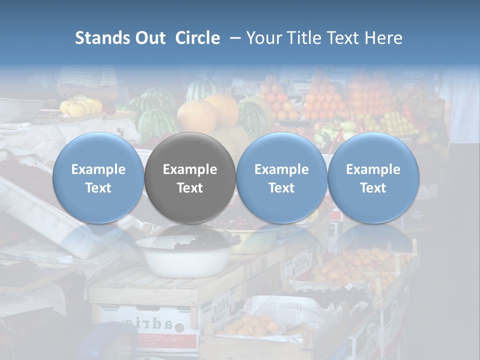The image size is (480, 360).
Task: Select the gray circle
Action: (189, 177)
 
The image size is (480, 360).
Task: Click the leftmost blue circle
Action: (98, 177)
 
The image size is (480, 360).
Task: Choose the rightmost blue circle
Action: (373, 177)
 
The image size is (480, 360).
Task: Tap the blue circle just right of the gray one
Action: (281, 177)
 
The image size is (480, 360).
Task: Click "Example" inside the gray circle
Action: (189, 169)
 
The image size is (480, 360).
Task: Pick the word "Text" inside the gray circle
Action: (189, 188)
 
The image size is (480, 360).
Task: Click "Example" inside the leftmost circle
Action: (98, 169)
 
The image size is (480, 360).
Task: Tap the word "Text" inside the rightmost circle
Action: (373, 188)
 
